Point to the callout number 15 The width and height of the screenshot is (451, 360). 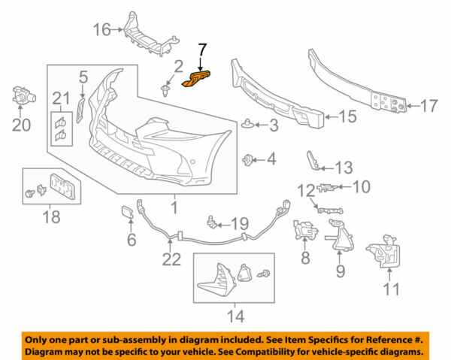click(347, 116)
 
